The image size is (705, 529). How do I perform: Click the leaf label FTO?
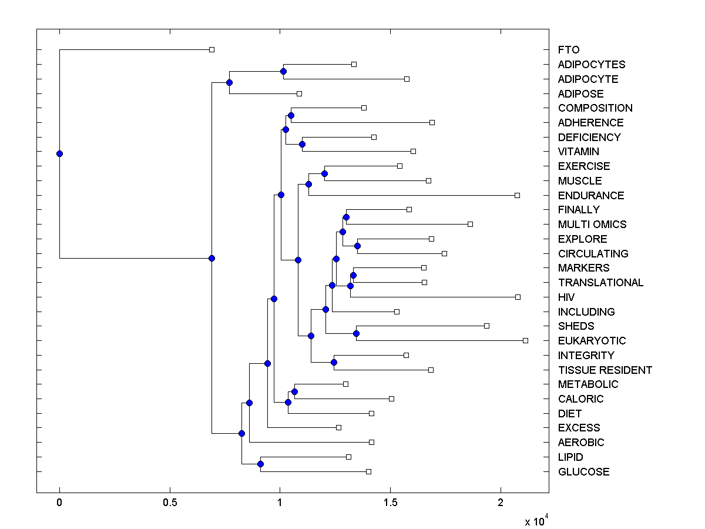click(568, 50)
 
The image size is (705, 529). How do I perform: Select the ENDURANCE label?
click(591, 195)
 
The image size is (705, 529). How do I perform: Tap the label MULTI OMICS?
click(592, 225)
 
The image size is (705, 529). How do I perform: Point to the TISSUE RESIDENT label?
click(605, 370)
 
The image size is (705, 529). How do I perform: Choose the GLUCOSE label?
click(583, 471)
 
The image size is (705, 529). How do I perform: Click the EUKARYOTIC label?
click(592, 341)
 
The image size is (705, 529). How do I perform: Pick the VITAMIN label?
click(579, 152)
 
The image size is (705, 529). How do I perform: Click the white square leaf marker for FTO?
click(212, 49)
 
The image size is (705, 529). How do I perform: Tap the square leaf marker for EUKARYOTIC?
click(525, 340)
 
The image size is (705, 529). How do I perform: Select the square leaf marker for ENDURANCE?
click(517, 195)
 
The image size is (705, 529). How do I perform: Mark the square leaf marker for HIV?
click(518, 297)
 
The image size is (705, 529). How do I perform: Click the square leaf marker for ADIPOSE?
click(299, 93)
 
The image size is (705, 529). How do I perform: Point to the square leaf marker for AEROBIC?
click(371, 442)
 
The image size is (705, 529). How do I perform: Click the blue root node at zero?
click(59, 154)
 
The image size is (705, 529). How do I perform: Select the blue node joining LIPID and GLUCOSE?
click(260, 464)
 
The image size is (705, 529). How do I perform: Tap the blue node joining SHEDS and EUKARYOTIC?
click(356, 333)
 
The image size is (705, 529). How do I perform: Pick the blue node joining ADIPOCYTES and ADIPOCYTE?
click(283, 72)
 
